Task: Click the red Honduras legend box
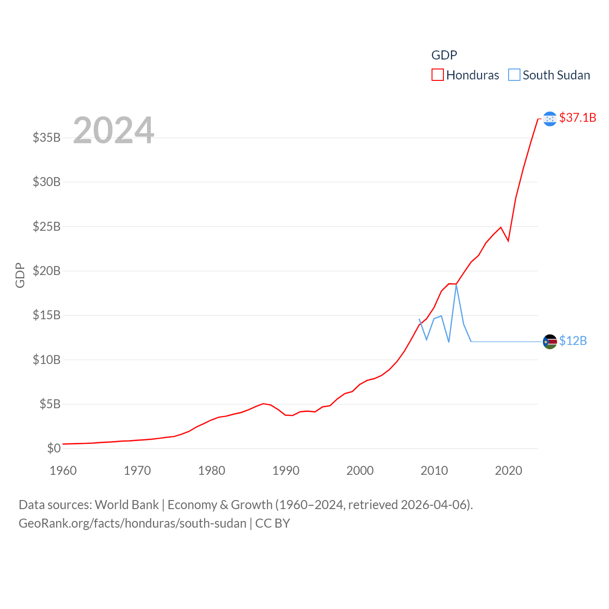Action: (437, 75)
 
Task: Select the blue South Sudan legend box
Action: (514, 75)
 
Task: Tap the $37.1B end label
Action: (578, 118)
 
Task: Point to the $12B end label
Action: (573, 341)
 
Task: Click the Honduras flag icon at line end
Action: (550, 118)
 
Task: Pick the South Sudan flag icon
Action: (550, 342)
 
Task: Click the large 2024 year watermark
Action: (113, 130)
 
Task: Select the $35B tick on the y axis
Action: (47, 138)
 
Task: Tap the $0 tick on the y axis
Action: (54, 448)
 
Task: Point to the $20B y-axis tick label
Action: (47, 271)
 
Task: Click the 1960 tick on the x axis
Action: (63, 471)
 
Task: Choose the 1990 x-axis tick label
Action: (285, 471)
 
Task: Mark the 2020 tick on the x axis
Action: (508, 471)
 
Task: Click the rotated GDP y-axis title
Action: (20, 275)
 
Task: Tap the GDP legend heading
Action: (444, 55)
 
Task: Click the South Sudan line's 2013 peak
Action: (456, 285)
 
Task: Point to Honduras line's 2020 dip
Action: (508, 241)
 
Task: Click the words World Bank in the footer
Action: (127, 504)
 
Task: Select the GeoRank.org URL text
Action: (132, 523)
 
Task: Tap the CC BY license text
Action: (273, 523)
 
